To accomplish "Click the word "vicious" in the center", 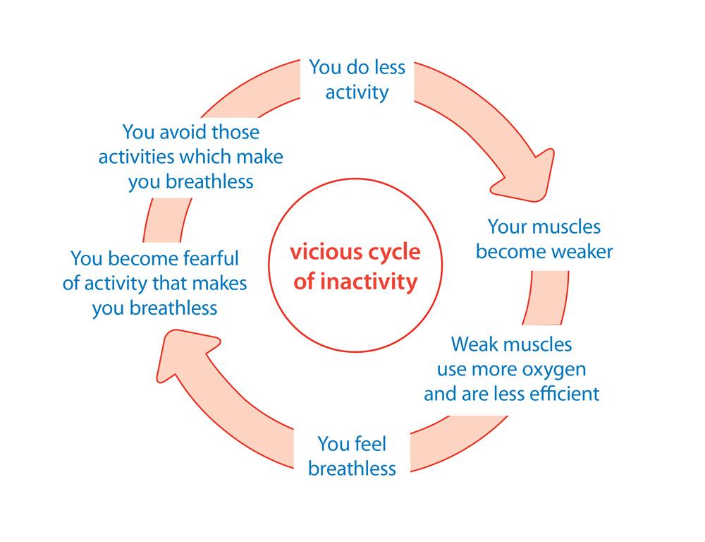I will point(316,253).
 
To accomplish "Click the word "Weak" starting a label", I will point(474,345).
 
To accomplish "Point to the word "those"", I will point(234,133).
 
